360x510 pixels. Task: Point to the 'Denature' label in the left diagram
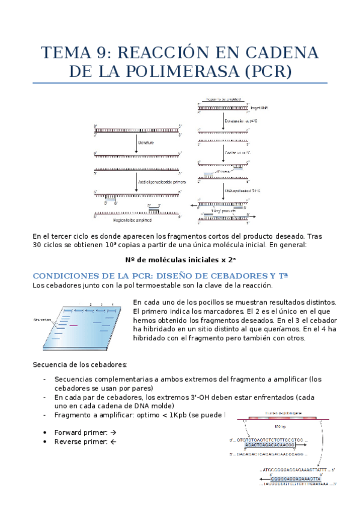click(x=147, y=143)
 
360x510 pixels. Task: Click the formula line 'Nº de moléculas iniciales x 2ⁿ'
click(x=180, y=260)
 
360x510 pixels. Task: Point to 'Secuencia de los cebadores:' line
click(x=79, y=364)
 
